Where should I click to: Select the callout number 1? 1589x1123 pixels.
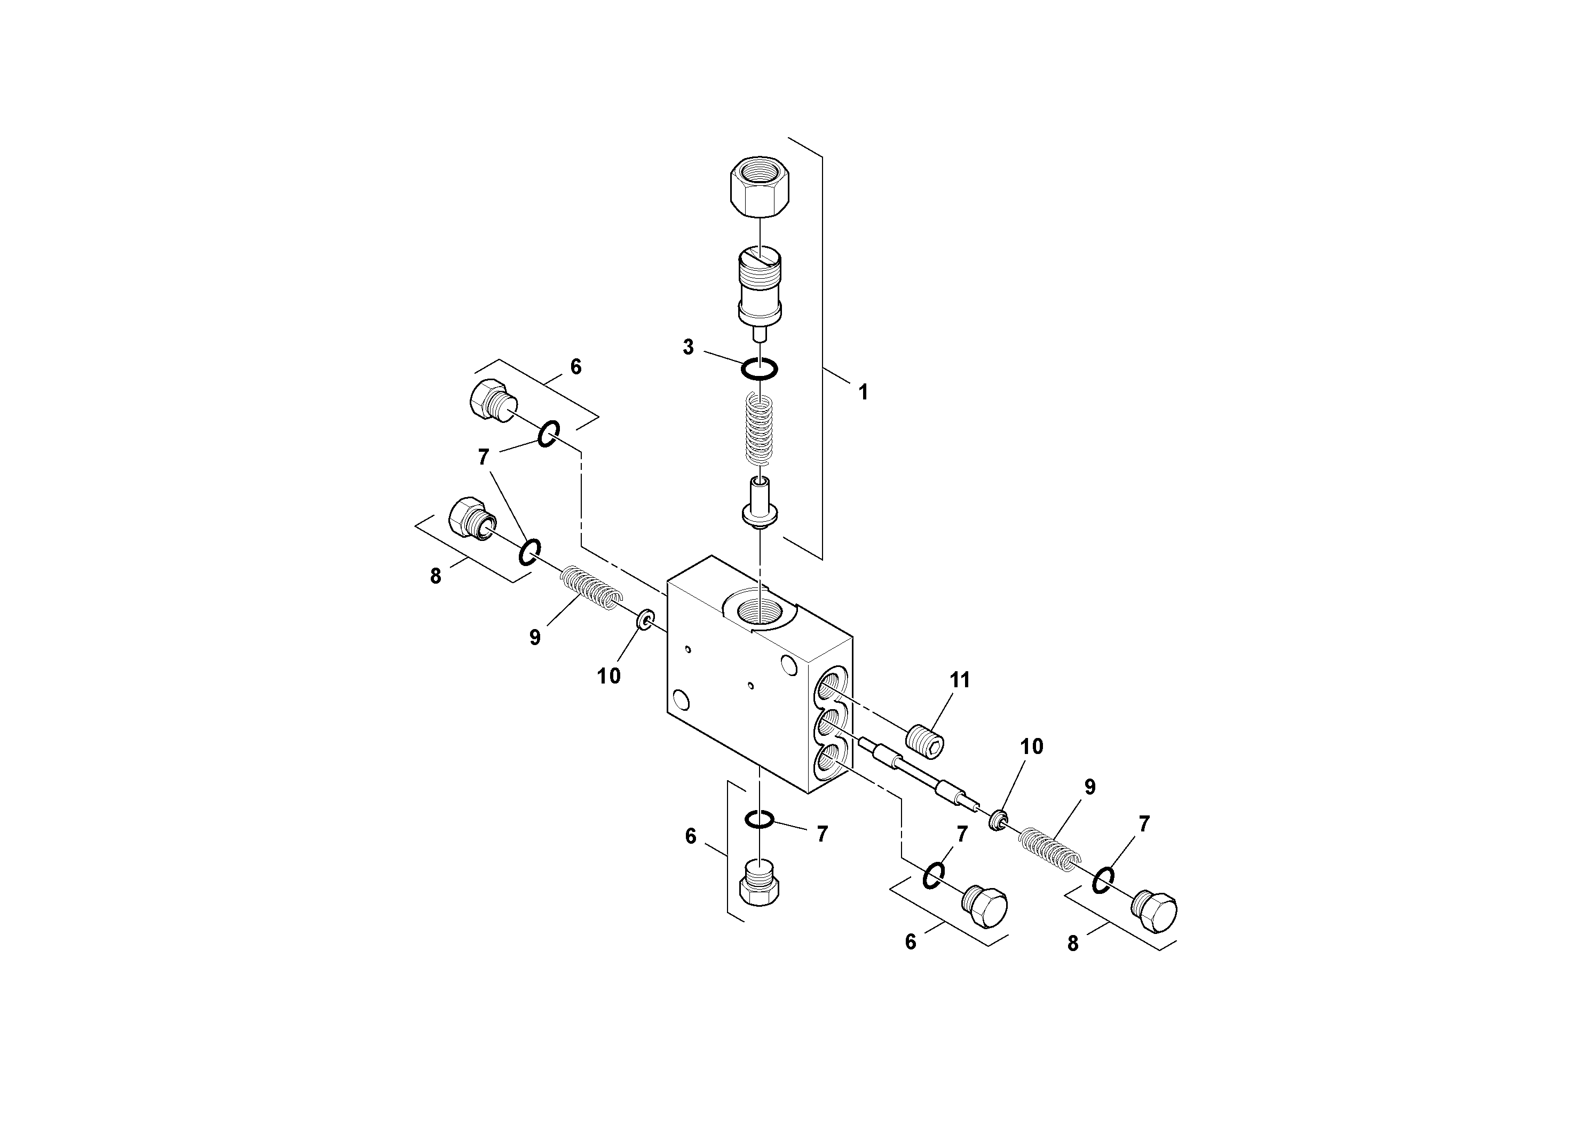(x=863, y=392)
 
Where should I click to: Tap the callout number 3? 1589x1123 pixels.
(x=688, y=348)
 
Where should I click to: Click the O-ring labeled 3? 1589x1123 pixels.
(x=759, y=369)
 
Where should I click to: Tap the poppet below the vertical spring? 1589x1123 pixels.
(x=759, y=504)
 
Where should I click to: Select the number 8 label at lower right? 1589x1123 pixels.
(x=1073, y=944)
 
